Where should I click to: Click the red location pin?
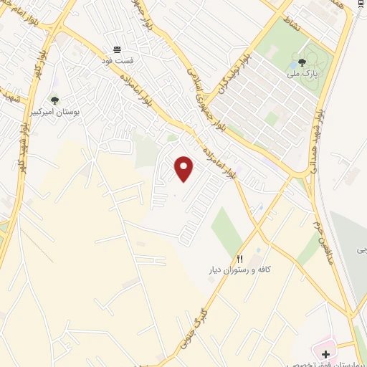point(184,168)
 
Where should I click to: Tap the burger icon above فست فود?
point(117,50)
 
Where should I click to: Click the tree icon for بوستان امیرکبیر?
point(54,100)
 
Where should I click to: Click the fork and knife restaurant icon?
point(240,259)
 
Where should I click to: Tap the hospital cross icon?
point(325,353)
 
